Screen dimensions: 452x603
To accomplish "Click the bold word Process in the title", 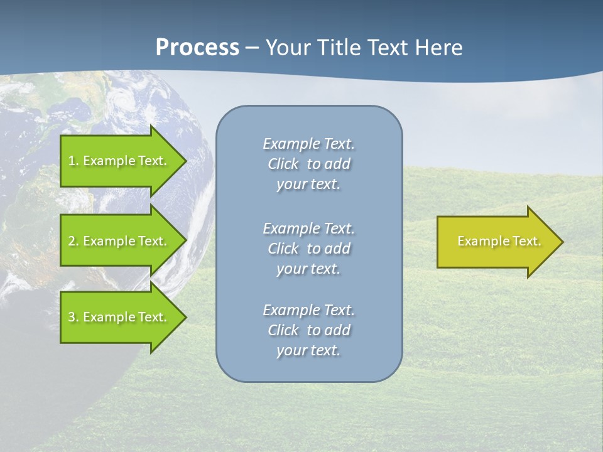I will (197, 48).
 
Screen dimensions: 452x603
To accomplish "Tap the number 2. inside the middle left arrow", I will (73, 241).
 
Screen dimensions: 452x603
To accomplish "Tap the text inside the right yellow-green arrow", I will (499, 241).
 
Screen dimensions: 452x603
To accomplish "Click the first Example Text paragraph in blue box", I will (308, 164).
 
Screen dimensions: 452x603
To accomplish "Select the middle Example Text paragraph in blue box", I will (308, 248).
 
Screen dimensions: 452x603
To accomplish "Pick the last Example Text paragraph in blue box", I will (308, 330).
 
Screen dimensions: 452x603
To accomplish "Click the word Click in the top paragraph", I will (283, 164).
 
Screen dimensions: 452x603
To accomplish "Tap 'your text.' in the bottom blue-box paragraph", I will (308, 350).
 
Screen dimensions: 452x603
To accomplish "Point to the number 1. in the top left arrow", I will (73, 161).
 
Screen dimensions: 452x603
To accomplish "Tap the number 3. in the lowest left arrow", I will (73, 317).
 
